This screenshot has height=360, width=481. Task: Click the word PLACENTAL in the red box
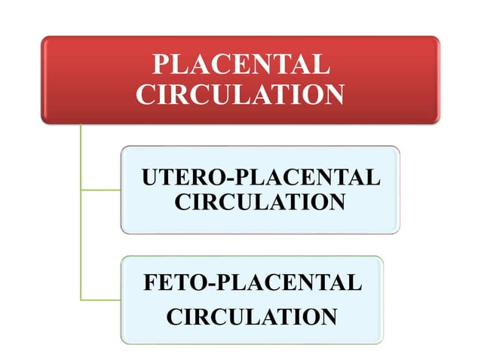240,64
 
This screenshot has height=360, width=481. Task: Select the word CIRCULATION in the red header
240,94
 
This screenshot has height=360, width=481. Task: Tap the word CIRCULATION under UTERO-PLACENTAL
259,203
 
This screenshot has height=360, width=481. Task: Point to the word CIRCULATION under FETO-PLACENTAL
251,316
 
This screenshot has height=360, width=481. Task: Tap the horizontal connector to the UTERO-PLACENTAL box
100,190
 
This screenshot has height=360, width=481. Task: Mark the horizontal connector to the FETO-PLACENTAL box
100,300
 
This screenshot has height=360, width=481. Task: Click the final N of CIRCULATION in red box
334,94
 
